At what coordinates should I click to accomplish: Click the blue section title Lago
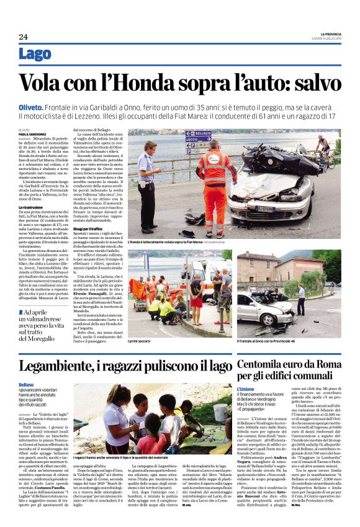pos(35,54)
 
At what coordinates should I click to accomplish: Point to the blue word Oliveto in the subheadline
pos(30,107)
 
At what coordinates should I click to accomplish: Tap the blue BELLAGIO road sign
pos(199,133)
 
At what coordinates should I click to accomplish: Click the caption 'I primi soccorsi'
pos(140,341)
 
